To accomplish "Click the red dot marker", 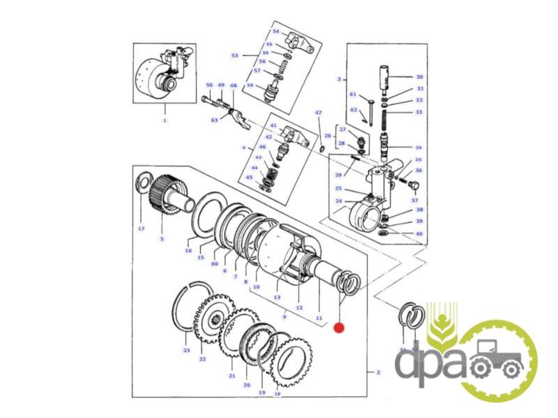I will pyautogui.click(x=340, y=327).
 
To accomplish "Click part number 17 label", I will pyautogui.click(x=141, y=229).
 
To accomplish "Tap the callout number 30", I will pyautogui.click(x=419, y=77).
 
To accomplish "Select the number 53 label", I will pyautogui.click(x=235, y=56).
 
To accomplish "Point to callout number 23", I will pyautogui.click(x=186, y=350).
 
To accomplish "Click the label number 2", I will pyautogui.click(x=378, y=372).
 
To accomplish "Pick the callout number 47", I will pyautogui.click(x=318, y=112).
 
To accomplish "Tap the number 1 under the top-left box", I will pyautogui.click(x=165, y=121).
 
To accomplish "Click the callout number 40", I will pyautogui.click(x=419, y=233).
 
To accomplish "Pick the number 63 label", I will pyautogui.click(x=215, y=120).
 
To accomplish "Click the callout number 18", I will pyautogui.click(x=277, y=394).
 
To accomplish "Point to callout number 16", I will pyautogui.click(x=188, y=251).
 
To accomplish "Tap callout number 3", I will pyautogui.click(x=338, y=79).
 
